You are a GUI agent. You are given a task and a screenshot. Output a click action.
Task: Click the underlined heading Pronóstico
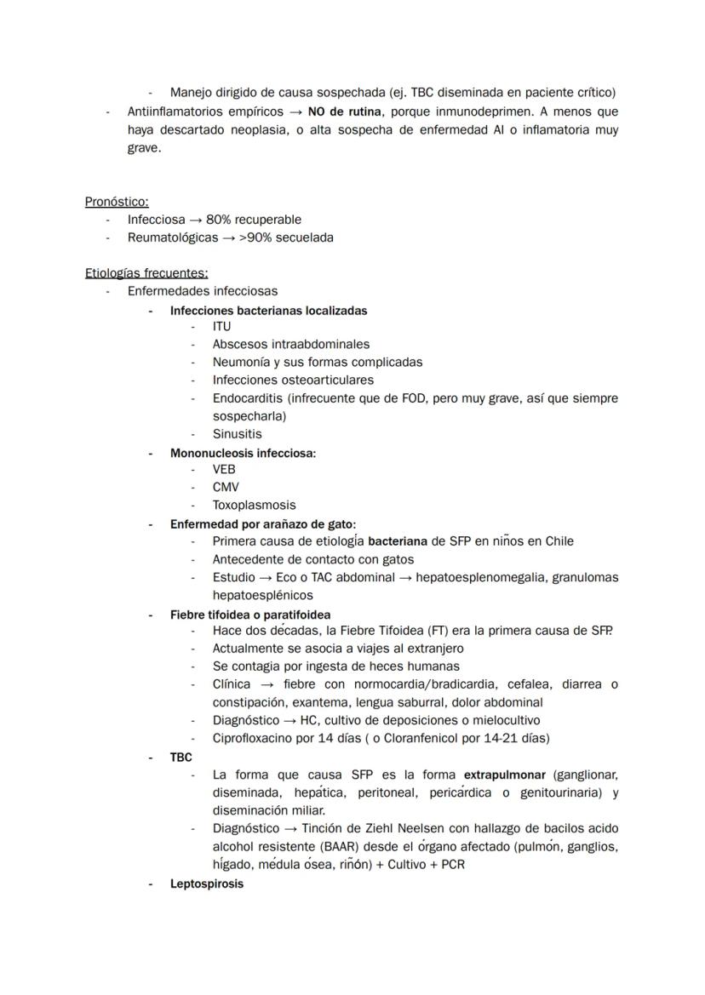(117, 202)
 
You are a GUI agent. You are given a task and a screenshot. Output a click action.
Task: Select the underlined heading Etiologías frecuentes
(146, 273)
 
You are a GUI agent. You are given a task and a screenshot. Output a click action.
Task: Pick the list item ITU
(221, 327)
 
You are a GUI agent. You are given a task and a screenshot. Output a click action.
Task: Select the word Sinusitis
(238, 434)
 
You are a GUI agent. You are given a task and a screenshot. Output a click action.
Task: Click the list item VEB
(224, 470)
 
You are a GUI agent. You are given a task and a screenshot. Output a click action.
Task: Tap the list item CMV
(226, 488)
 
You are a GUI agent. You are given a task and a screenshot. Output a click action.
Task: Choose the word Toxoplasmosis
(255, 506)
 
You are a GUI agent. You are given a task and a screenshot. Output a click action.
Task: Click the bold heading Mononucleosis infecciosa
(243, 454)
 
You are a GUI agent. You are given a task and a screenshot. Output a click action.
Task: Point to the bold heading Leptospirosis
(207, 883)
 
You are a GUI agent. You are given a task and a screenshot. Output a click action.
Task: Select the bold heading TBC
(181, 758)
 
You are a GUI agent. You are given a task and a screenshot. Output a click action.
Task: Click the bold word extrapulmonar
(504, 775)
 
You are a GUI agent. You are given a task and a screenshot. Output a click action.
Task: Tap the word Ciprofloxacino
(252, 739)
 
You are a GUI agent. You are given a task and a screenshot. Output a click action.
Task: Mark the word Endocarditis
(248, 398)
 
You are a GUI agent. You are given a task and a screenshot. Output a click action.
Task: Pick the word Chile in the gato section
(556, 541)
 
